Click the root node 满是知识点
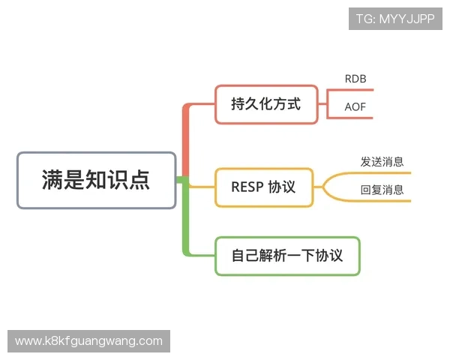96,180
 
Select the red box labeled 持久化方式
265,104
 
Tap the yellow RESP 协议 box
265,187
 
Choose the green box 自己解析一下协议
287,256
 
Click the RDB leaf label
355,79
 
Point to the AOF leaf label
355,106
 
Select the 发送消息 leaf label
382,161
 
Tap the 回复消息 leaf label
382,190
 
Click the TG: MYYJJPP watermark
395,19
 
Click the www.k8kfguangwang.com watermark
89,341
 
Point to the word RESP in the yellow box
247,187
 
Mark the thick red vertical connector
185,142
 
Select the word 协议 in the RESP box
282,187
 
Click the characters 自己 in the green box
244,256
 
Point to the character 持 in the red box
239,104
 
